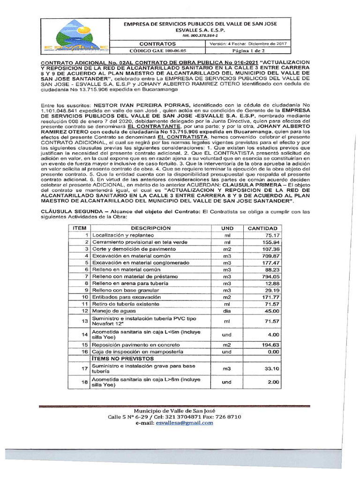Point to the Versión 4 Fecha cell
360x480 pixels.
[x=248, y=44]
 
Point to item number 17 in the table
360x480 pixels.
[x=85, y=369]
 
